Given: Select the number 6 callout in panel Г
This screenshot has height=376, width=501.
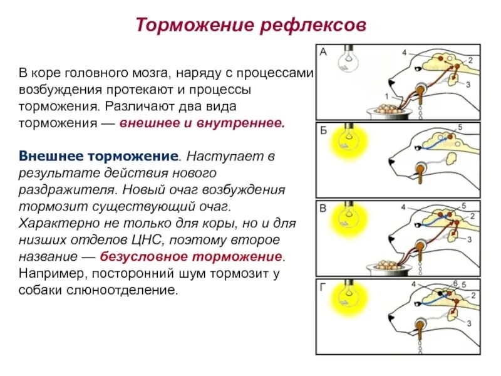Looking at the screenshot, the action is pos(455,284).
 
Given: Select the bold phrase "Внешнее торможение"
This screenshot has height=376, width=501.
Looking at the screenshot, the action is pos(99,155).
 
